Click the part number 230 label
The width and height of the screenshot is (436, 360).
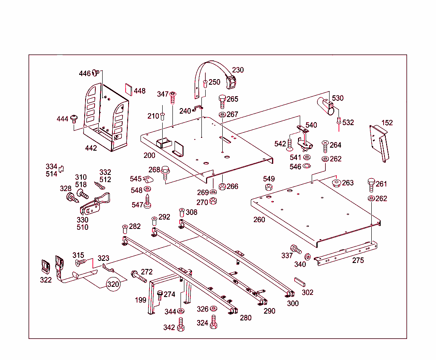click(x=238, y=70)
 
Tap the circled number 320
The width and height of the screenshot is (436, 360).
click(x=113, y=284)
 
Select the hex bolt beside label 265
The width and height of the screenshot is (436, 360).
click(x=222, y=101)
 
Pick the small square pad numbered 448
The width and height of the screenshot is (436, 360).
click(x=128, y=89)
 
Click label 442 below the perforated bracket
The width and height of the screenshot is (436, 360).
click(x=91, y=148)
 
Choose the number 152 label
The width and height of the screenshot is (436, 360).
click(x=387, y=123)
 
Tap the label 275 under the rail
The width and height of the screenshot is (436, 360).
click(x=358, y=260)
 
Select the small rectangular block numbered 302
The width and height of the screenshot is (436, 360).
click(x=300, y=282)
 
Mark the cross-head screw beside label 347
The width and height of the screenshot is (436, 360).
click(x=173, y=97)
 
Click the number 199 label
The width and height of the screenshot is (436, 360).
click(x=141, y=300)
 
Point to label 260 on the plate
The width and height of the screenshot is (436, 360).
click(x=259, y=220)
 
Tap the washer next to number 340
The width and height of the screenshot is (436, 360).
click(x=307, y=257)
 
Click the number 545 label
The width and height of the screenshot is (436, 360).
click(x=136, y=179)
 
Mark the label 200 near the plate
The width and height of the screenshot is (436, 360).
click(x=149, y=155)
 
